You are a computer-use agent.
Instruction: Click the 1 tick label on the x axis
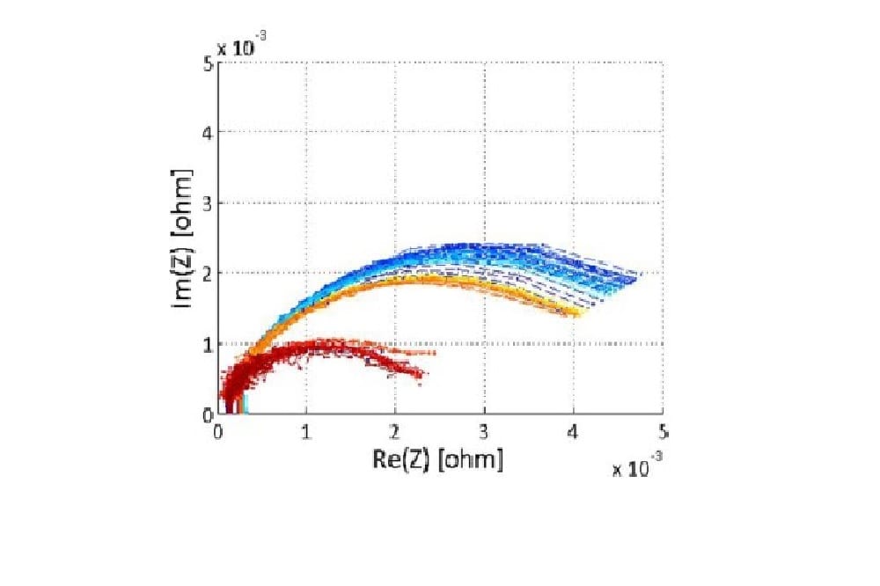[306, 432]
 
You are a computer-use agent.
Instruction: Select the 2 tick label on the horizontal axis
[395, 432]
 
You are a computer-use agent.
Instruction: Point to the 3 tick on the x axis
[484, 432]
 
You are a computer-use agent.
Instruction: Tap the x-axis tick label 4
[573, 432]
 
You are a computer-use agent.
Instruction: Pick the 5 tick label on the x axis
[662, 432]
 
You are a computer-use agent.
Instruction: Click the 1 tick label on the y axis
[208, 344]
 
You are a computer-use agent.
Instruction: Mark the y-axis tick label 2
[208, 274]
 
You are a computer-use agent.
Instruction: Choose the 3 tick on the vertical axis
[208, 203]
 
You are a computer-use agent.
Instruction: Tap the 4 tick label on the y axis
[208, 133]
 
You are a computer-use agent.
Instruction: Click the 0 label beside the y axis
[208, 414]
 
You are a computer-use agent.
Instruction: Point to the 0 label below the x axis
[218, 432]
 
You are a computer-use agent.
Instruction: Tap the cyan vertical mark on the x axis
[246, 405]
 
